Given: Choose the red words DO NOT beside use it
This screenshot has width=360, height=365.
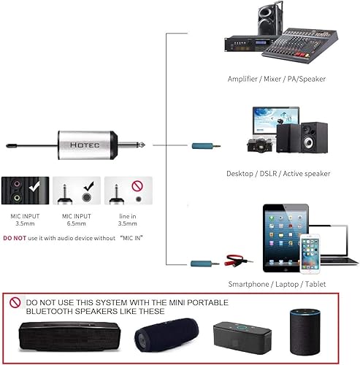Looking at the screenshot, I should click(15, 238).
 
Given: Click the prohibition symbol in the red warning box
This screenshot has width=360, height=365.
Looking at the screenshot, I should click(15, 301).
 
